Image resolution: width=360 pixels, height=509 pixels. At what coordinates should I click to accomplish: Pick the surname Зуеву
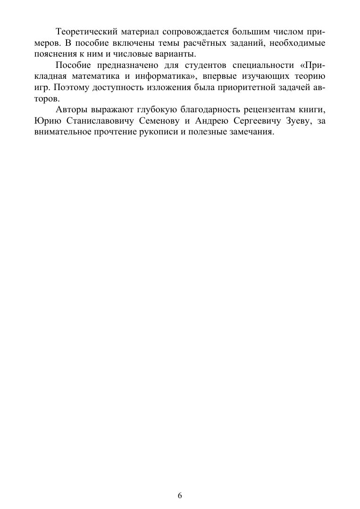coord(293,121)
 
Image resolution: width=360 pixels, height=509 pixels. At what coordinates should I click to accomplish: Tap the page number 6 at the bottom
coord(180,495)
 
